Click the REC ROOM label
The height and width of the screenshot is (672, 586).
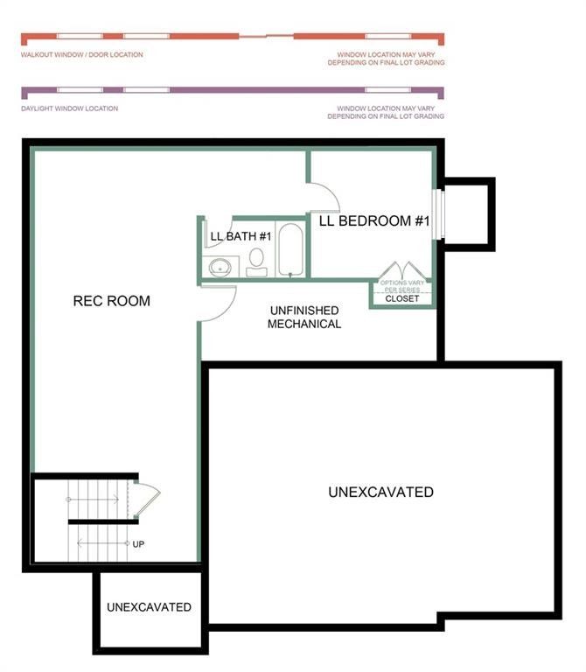pyautogui.click(x=111, y=301)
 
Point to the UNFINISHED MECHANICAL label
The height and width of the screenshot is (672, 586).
pyautogui.click(x=303, y=318)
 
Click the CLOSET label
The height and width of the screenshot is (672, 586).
pyautogui.click(x=402, y=298)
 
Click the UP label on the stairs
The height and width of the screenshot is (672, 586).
pyautogui.click(x=138, y=544)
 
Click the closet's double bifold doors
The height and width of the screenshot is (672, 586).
pyautogui.click(x=401, y=270)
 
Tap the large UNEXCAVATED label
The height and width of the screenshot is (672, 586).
pyautogui.click(x=380, y=492)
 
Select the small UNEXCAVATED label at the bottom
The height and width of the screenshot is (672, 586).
pyautogui.click(x=149, y=607)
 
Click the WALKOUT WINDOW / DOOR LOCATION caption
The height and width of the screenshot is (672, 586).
pyautogui.click(x=82, y=55)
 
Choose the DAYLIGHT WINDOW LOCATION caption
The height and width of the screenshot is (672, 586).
pyautogui.click(x=69, y=108)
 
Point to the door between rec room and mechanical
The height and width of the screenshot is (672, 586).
pyautogui.click(x=220, y=302)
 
